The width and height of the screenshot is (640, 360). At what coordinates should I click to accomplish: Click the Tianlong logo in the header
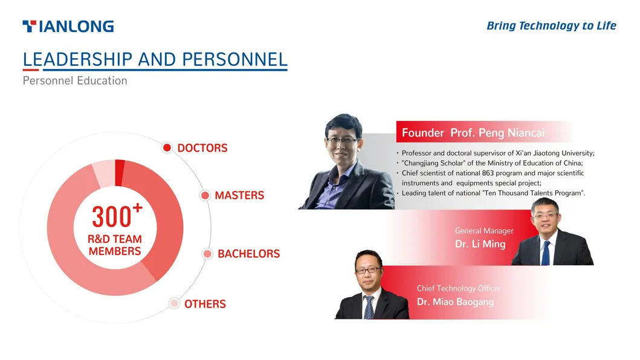68,27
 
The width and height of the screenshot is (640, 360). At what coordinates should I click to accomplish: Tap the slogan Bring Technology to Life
551,26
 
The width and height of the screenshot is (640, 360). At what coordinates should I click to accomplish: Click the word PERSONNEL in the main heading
234,60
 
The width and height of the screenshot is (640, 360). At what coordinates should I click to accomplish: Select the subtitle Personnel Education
75,81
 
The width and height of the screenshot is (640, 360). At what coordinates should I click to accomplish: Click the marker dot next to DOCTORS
167,147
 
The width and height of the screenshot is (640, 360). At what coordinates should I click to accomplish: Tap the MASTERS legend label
239,196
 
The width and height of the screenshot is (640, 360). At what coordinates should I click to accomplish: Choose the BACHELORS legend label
249,254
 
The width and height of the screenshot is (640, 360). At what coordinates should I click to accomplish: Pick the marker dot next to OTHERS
174,303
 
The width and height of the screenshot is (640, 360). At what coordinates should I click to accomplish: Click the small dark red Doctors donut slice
119,173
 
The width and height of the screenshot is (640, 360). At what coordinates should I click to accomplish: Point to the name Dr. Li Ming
480,244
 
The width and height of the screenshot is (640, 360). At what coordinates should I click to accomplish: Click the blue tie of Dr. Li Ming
546,253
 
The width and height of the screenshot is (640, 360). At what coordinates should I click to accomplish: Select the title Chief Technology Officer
459,289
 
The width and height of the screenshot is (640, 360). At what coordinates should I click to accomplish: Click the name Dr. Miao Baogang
456,302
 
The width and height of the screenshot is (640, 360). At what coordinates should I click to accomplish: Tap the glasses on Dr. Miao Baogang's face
368,270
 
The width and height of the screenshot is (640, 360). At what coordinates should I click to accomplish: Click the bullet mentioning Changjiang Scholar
493,163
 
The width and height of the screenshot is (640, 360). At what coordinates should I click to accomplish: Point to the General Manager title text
485,231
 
